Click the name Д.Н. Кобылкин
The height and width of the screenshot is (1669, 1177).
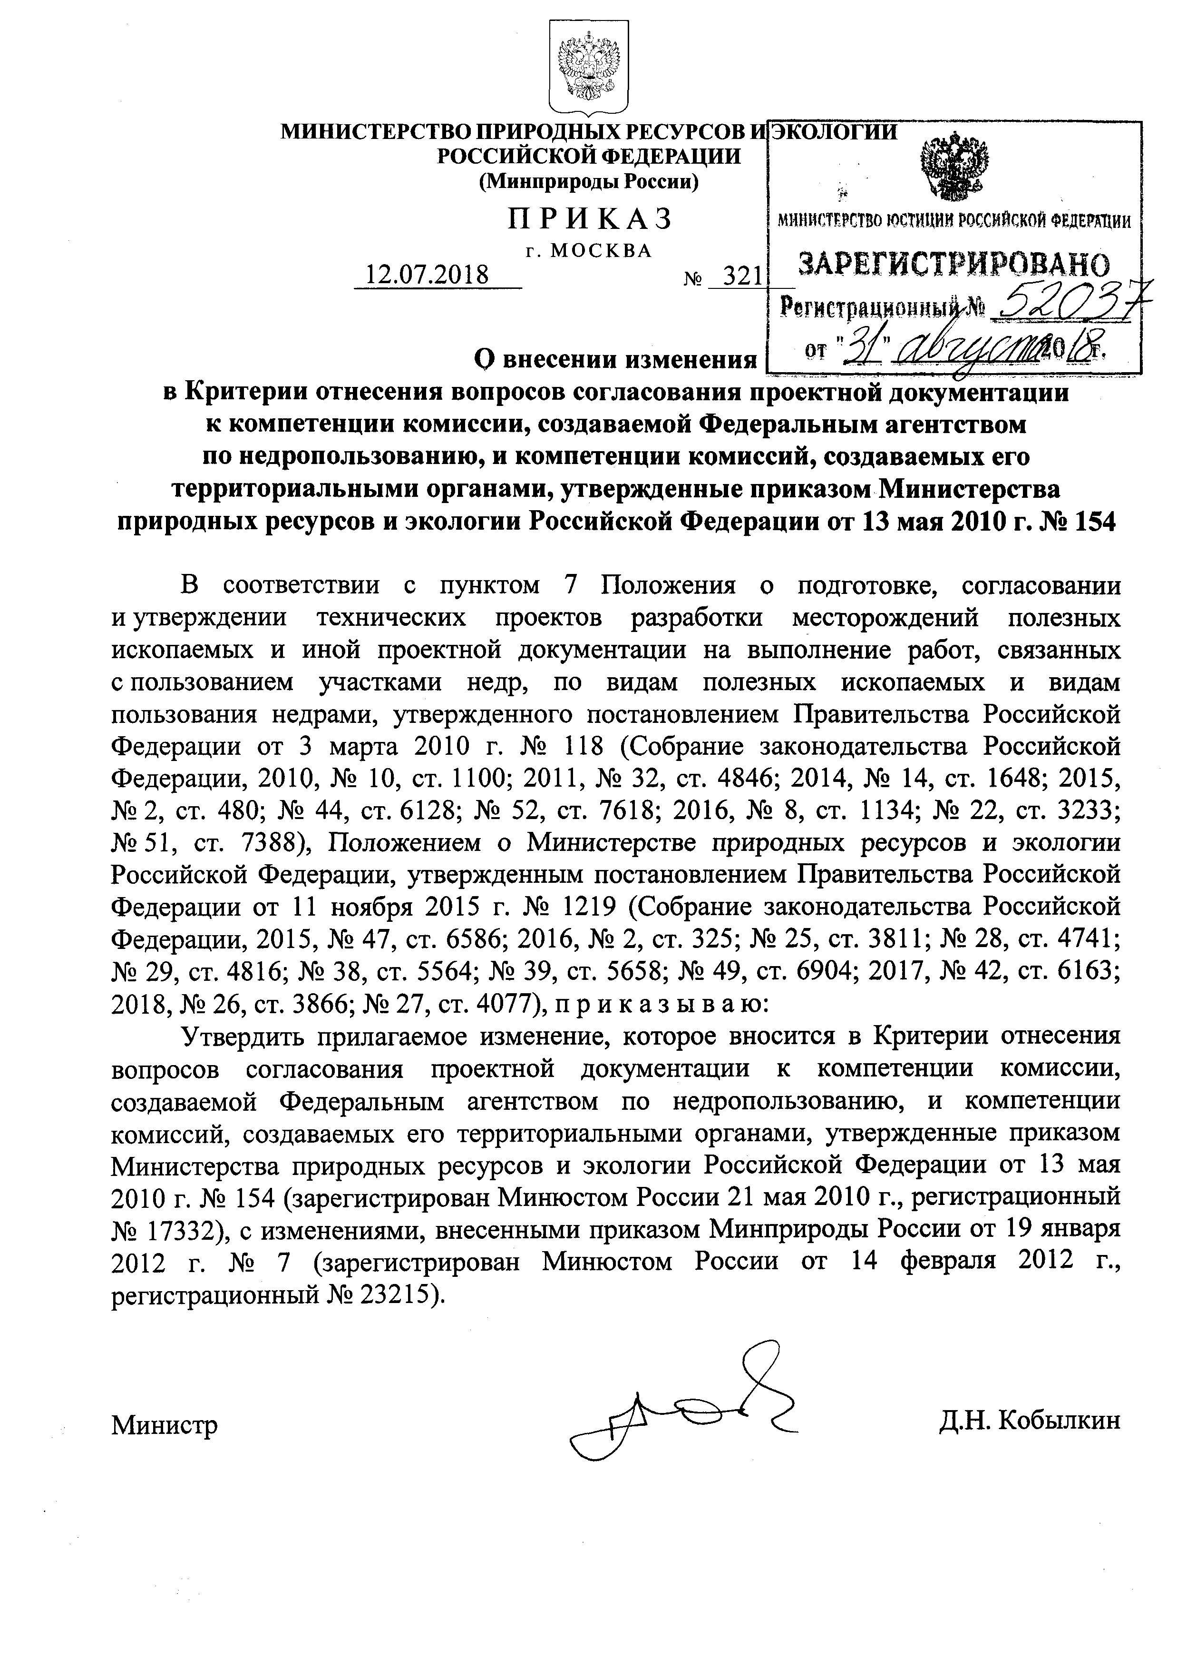1029,1421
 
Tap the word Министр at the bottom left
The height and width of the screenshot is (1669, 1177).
165,1425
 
